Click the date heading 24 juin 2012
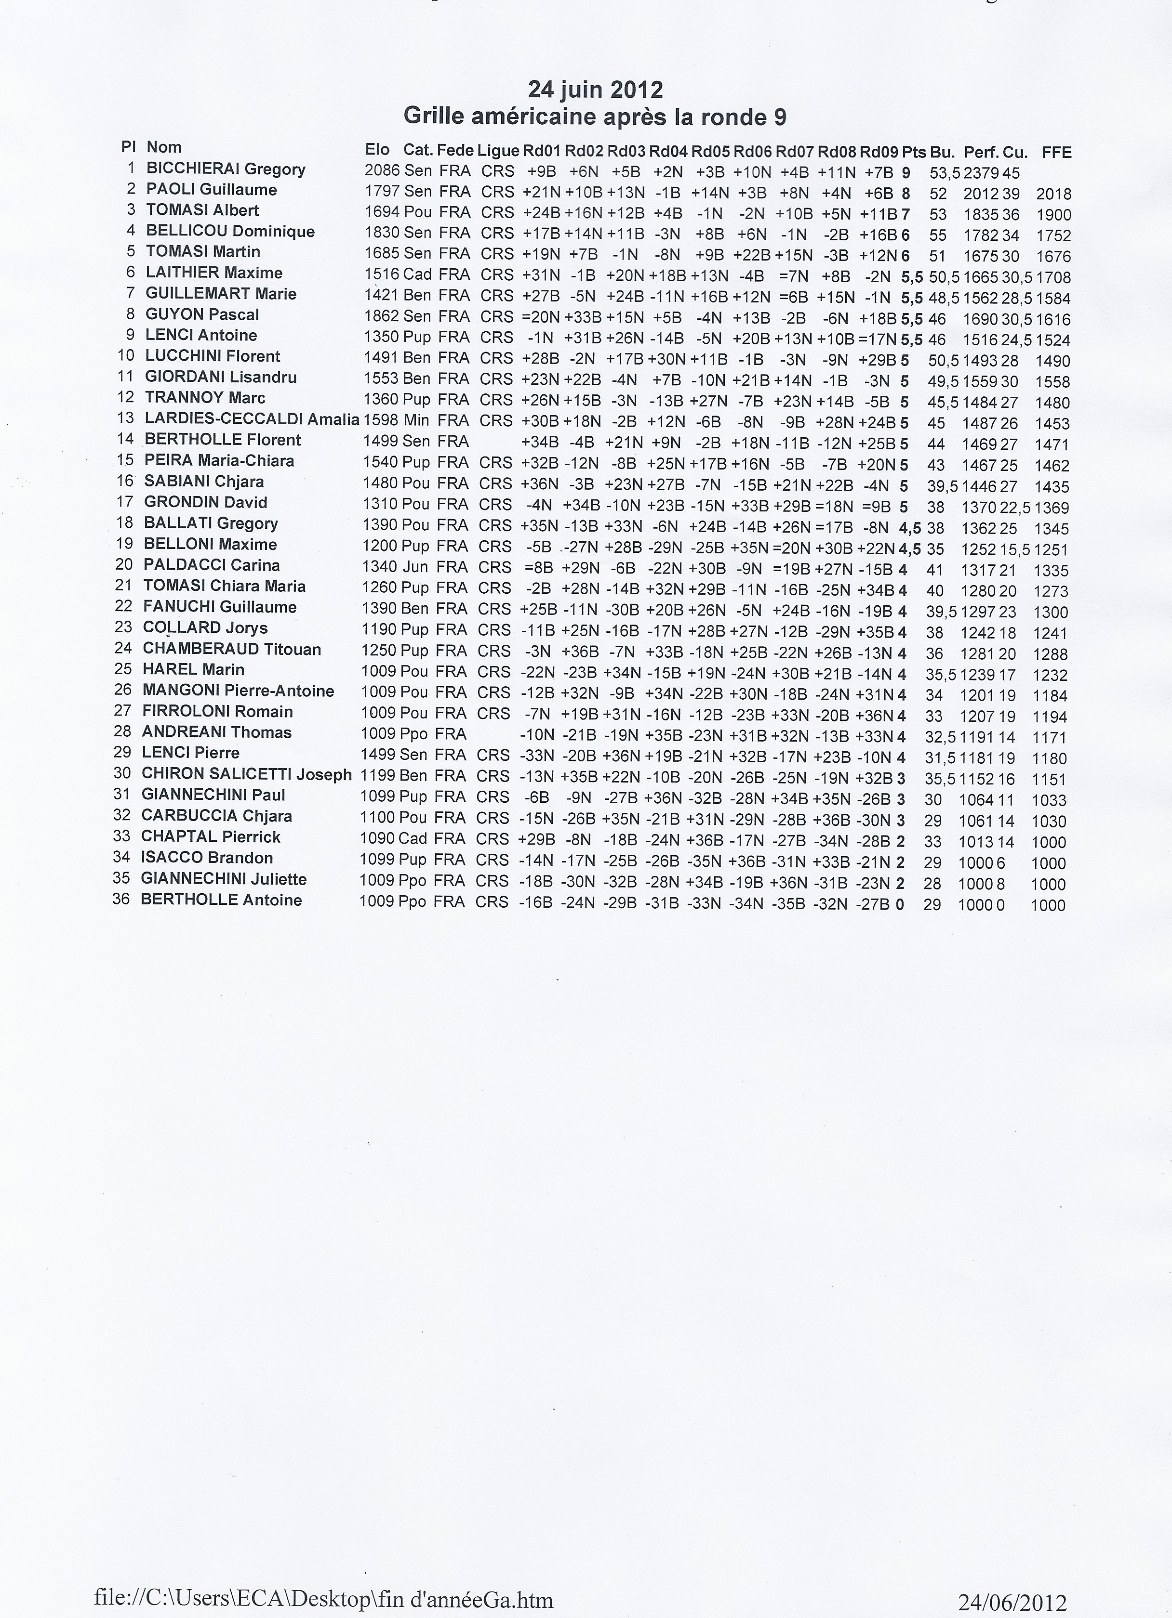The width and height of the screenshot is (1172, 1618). click(595, 90)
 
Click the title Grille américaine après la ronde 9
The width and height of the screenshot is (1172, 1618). click(595, 116)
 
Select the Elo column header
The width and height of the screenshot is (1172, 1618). click(377, 149)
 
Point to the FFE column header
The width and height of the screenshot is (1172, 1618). click(1056, 152)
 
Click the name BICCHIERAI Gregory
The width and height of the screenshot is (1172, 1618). click(226, 169)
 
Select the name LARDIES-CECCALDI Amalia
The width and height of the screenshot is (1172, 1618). click(251, 419)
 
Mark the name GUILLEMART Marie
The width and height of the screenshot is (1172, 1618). click(221, 294)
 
